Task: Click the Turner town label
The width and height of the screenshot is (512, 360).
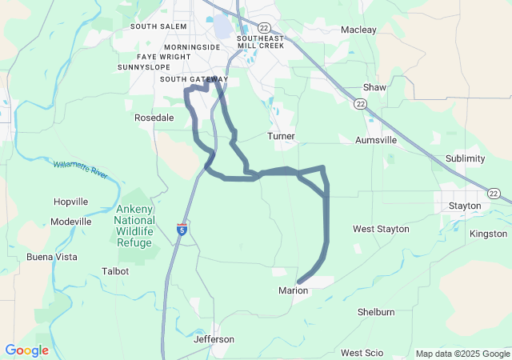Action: click(281, 136)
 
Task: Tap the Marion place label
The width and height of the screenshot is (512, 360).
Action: click(293, 290)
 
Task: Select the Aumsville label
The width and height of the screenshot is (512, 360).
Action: click(376, 140)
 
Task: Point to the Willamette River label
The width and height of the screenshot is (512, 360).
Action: click(81, 169)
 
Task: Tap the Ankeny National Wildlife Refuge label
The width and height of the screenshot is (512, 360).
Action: click(134, 226)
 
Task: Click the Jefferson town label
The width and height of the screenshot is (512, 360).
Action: click(214, 339)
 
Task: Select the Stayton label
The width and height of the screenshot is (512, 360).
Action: click(465, 206)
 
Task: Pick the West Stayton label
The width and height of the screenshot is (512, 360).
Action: click(381, 229)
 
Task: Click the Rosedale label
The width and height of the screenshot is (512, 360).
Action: click(154, 117)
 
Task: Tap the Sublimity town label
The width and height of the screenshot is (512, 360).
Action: click(465, 158)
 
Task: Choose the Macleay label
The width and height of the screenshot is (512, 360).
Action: click(358, 30)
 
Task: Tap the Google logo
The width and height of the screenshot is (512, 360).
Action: click(26, 350)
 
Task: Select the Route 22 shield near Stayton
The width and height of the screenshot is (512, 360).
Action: click(494, 194)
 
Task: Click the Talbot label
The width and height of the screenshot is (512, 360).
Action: click(115, 271)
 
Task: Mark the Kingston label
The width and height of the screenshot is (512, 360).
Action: click(488, 234)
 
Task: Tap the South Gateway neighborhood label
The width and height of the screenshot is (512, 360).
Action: click(194, 79)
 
